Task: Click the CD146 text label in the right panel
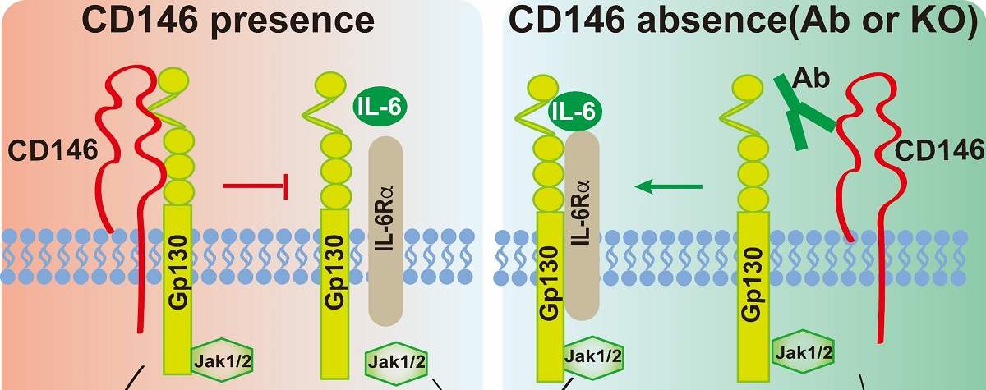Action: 938,150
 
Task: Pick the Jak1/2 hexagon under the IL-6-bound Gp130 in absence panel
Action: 592,357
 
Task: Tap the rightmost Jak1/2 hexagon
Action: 802,353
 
